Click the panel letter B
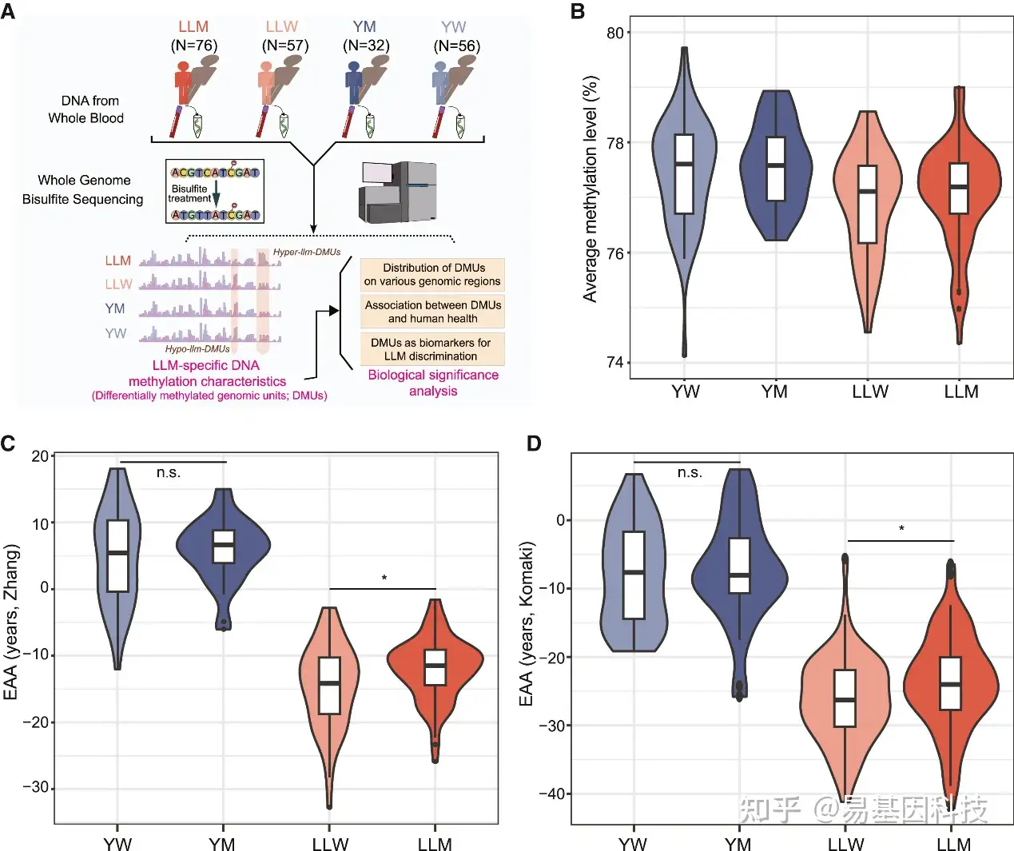pyautogui.click(x=578, y=11)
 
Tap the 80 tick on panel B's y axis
pyautogui.click(x=614, y=33)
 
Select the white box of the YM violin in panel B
pyautogui.click(x=776, y=169)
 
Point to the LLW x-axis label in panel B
pyautogui.click(x=870, y=392)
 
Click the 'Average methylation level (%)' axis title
pyautogui.click(x=591, y=189)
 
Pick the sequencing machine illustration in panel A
pyautogui.click(x=398, y=191)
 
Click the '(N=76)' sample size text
pyautogui.click(x=194, y=46)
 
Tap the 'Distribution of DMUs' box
pyautogui.click(x=432, y=274)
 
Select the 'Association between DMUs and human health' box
pyautogui.click(x=432, y=312)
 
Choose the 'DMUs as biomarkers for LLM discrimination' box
pyautogui.click(x=432, y=349)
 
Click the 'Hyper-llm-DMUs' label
pyautogui.click(x=307, y=253)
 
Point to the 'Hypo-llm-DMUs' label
pyautogui.click(x=197, y=349)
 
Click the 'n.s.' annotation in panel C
pyautogui.click(x=169, y=473)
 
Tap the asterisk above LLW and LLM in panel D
pyautogui.click(x=901, y=529)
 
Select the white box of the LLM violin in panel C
pyautogui.click(x=435, y=667)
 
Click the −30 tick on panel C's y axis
pyautogui.click(x=35, y=787)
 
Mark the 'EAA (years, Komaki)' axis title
pyautogui.click(x=526, y=624)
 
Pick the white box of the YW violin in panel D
pyautogui.click(x=634, y=575)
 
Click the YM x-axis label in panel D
pyautogui.click(x=738, y=845)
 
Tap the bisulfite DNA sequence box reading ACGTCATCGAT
pyautogui.click(x=215, y=172)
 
